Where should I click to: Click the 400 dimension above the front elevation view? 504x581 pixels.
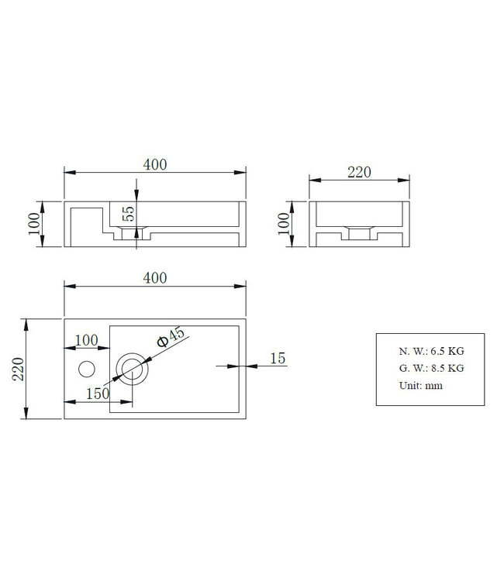click(x=155, y=164)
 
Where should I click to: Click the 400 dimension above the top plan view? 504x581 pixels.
click(x=155, y=278)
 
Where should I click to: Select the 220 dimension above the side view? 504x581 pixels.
click(x=358, y=172)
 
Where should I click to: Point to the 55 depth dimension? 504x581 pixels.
click(x=129, y=215)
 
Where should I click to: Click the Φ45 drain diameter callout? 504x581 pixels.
click(x=171, y=338)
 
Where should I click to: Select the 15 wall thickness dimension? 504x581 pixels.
click(x=278, y=358)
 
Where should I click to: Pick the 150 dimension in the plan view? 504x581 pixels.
click(x=97, y=394)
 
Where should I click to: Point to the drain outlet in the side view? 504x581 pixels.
click(x=358, y=232)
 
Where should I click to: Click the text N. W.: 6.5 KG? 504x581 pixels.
click(x=430, y=350)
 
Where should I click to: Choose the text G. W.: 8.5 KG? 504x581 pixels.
click(x=430, y=368)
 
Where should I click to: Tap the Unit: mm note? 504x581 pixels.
click(x=421, y=386)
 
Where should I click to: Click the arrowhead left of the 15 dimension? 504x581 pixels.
click(x=242, y=366)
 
